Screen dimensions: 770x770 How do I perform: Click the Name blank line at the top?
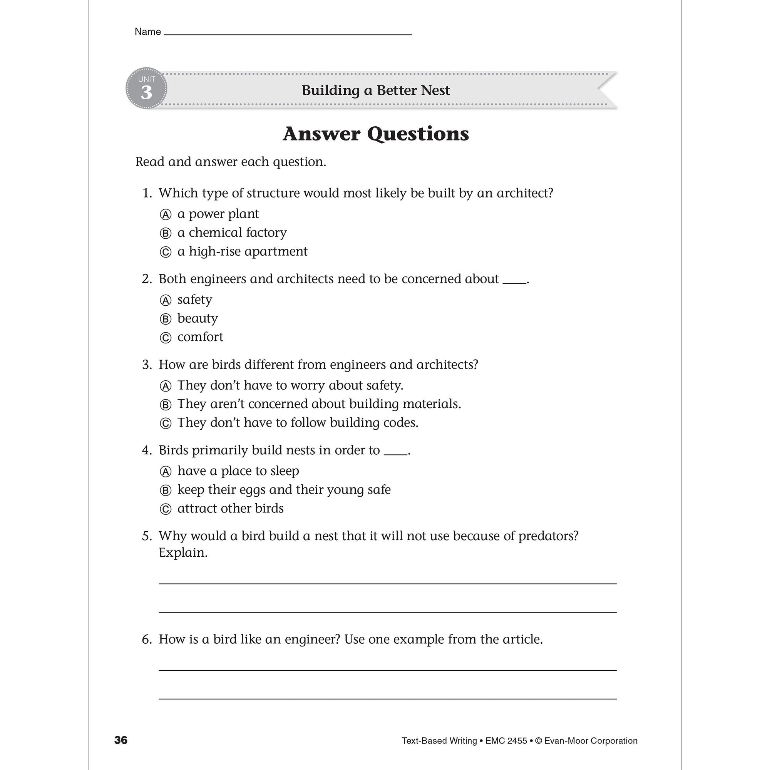point(287,34)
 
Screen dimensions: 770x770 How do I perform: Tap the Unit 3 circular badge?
point(146,88)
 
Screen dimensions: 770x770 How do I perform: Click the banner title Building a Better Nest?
point(375,90)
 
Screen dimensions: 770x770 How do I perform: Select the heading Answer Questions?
point(375,134)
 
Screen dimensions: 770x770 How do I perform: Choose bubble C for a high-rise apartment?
point(166,252)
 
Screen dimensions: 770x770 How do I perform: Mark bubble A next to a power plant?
point(166,215)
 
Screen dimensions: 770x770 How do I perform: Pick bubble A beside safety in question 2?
point(166,300)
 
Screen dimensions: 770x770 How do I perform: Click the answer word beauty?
point(197,318)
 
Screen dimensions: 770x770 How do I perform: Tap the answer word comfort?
point(200,337)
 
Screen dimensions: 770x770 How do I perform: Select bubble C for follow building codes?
point(166,423)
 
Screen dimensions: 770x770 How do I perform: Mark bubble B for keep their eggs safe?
point(166,490)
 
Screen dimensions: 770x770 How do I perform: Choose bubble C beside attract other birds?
point(166,509)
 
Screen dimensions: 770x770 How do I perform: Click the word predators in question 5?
point(547,536)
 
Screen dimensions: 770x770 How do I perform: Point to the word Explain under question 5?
point(183,553)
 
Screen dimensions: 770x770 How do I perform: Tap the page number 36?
point(121,740)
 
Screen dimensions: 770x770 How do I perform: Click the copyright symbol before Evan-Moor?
point(539,741)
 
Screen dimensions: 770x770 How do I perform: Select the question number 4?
point(146,450)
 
